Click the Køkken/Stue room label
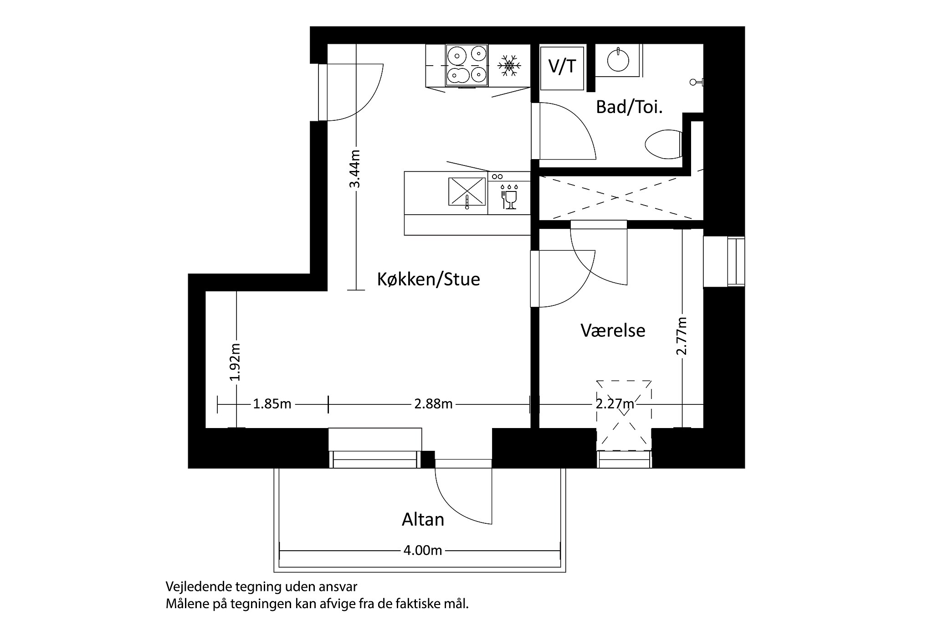pyautogui.click(x=428, y=279)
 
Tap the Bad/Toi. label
pyautogui.click(x=629, y=107)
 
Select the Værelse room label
pyautogui.click(x=613, y=331)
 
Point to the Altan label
pyautogui.click(x=423, y=520)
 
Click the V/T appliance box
pyautogui.click(x=562, y=67)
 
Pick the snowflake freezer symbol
pyautogui.click(x=509, y=65)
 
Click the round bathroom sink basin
pyautogui.click(x=618, y=60)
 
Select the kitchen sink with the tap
pyautogui.click(x=467, y=191)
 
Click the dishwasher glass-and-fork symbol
pyautogui.click(x=509, y=197)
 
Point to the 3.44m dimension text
pyautogui.click(x=355, y=169)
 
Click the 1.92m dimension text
pyautogui.click(x=235, y=362)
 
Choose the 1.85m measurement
pyautogui.click(x=272, y=404)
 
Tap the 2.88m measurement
pyautogui.click(x=433, y=404)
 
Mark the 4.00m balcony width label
pyautogui.click(x=423, y=551)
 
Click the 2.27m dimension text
pyautogui.click(x=615, y=404)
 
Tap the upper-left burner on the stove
pyautogui.click(x=456, y=55)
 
